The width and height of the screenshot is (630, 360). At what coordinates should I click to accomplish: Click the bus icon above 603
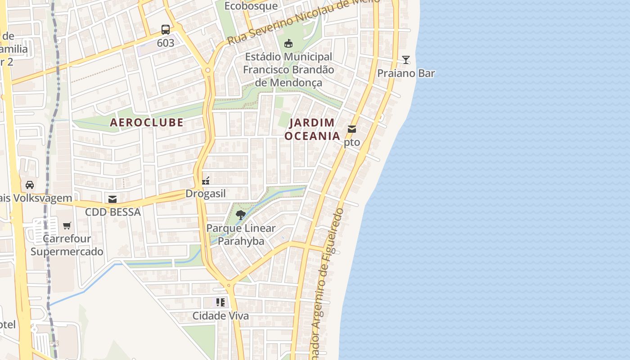click(166, 30)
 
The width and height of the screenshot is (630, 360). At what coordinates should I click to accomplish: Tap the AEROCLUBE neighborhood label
click(147, 122)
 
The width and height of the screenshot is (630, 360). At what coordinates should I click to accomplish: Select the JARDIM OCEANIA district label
click(312, 129)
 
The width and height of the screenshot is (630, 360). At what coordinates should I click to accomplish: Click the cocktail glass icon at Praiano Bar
click(406, 60)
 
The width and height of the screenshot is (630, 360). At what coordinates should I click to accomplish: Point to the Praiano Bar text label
click(406, 73)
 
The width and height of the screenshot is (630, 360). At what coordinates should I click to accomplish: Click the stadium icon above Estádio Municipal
click(288, 43)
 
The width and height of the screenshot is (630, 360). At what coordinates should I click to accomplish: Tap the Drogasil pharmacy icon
click(206, 181)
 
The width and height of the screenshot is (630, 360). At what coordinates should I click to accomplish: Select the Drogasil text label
click(206, 194)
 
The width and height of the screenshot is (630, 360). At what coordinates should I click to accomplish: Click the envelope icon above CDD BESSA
click(112, 199)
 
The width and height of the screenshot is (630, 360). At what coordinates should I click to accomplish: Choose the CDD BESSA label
click(113, 212)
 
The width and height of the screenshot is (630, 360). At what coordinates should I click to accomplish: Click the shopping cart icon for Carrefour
click(67, 225)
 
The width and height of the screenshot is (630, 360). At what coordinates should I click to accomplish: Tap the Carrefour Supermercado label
click(67, 245)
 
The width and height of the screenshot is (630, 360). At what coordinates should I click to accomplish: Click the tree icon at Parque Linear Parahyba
click(241, 215)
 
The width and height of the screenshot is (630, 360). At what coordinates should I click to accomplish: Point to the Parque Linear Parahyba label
click(241, 234)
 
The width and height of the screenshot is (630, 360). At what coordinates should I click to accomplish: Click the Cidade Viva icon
click(220, 302)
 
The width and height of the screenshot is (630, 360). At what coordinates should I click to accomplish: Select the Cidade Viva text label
click(220, 316)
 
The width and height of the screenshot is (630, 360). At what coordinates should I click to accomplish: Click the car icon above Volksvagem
click(30, 185)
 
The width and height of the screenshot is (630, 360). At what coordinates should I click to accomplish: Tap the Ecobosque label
click(251, 6)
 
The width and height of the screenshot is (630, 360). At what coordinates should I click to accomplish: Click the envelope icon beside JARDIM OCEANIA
click(352, 130)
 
